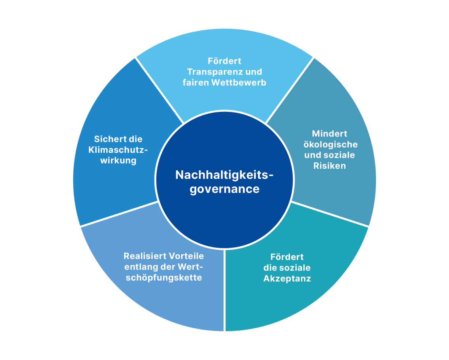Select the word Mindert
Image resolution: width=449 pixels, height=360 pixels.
click(x=330, y=134)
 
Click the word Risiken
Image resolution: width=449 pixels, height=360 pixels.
click(x=330, y=166)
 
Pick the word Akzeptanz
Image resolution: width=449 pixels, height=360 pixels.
click(x=287, y=279)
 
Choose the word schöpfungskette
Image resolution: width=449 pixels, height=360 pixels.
click(x=164, y=278)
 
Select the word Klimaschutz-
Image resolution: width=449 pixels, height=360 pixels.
click(x=118, y=150)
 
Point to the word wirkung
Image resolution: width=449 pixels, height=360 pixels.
click(x=118, y=160)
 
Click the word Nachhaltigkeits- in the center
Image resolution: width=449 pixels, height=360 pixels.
click(x=224, y=175)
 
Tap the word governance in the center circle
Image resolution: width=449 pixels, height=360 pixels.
click(x=224, y=189)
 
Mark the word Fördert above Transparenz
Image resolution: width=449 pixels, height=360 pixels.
click(x=224, y=61)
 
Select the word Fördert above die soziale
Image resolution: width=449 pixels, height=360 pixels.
click(x=287, y=257)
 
